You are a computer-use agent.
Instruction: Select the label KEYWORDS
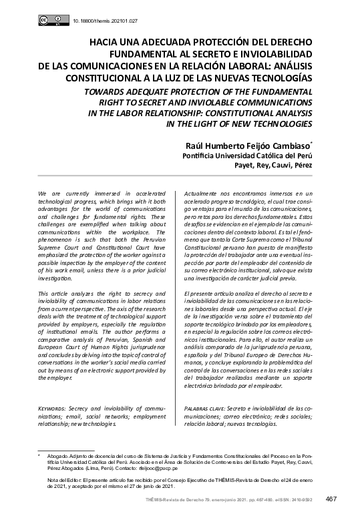point(52,407)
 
